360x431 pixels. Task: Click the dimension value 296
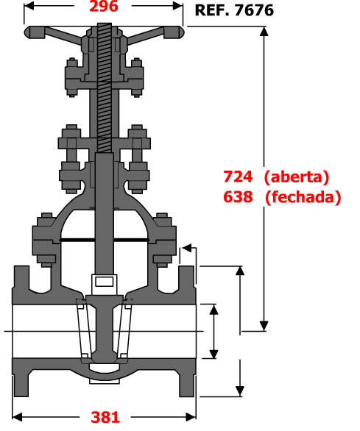(104, 6)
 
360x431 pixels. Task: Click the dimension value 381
(105, 417)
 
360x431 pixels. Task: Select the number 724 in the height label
(238, 177)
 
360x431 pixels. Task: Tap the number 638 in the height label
(238, 197)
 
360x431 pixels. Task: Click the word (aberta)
(297, 177)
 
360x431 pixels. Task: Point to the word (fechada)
(303, 197)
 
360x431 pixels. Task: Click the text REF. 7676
(234, 10)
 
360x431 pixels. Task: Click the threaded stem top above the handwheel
(105, 27)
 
